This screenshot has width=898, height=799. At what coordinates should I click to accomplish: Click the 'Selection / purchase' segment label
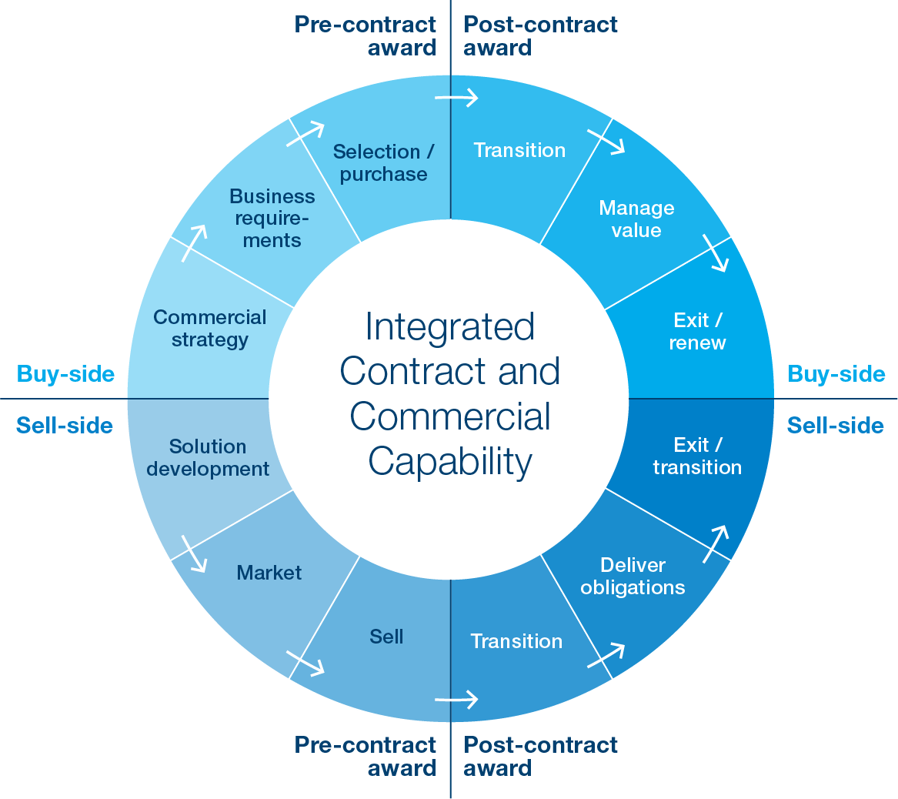pyautogui.click(x=382, y=162)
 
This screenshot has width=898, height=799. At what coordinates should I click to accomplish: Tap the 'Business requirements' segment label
pyautogui.click(x=272, y=218)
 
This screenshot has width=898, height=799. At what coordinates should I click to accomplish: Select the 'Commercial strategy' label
pyautogui.click(x=209, y=328)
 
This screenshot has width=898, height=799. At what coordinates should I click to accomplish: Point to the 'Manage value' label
pyautogui.click(x=636, y=219)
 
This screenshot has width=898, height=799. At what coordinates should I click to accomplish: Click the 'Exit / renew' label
pyautogui.click(x=697, y=331)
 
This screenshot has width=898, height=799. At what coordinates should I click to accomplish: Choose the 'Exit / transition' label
pyautogui.click(x=697, y=456)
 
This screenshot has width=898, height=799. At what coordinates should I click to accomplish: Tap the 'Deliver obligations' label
pyautogui.click(x=633, y=576)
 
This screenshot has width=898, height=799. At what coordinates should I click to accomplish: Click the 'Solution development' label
pyautogui.click(x=208, y=457)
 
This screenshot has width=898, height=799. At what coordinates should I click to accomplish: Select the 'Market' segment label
pyautogui.click(x=269, y=573)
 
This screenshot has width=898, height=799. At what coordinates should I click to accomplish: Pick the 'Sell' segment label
pyautogui.click(x=386, y=637)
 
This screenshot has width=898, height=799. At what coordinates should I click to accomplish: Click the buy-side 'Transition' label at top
pyautogui.click(x=519, y=150)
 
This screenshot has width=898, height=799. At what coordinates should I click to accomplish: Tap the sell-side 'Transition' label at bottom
pyautogui.click(x=516, y=641)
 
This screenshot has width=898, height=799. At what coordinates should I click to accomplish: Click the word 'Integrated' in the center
pyautogui.click(x=449, y=326)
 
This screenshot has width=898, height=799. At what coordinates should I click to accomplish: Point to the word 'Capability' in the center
pyautogui.click(x=450, y=461)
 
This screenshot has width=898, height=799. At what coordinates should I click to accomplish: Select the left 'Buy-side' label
pyautogui.click(x=65, y=374)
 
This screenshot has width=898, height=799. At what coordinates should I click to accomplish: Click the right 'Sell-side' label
pyautogui.click(x=835, y=425)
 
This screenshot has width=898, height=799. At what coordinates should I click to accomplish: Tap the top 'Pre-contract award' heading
pyautogui.click(x=366, y=35)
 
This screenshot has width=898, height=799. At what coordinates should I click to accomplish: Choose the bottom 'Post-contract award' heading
pyautogui.click(x=540, y=756)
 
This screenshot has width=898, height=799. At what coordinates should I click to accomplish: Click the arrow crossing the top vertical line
pyautogui.click(x=457, y=98)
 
